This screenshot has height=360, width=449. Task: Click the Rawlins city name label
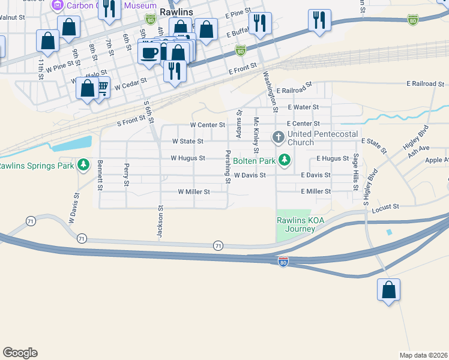point(175,11)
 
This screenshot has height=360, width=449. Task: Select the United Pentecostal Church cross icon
point(279,138)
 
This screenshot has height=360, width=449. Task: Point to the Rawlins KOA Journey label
point(295,224)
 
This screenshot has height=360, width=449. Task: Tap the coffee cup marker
point(149,53)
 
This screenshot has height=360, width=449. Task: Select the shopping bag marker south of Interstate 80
point(389,291)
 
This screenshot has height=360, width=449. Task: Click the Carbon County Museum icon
point(58,5)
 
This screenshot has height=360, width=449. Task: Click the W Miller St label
point(194,191)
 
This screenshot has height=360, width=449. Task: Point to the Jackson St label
point(161,222)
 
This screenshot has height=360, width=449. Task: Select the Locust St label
point(385,206)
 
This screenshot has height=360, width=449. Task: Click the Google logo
point(20,353)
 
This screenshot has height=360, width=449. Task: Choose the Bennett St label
point(101,175)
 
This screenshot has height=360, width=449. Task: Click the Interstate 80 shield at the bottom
point(283,262)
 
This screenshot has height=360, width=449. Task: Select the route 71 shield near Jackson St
point(219,245)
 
